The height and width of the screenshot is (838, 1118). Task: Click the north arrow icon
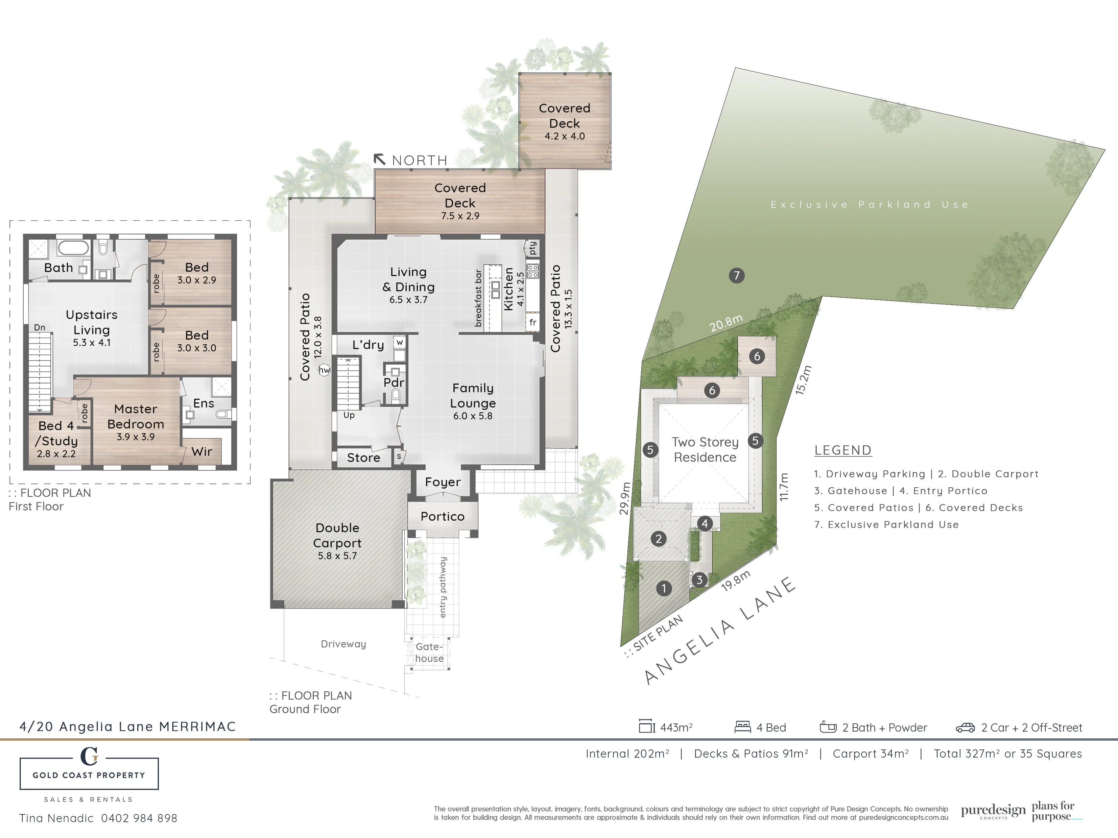point(379,159)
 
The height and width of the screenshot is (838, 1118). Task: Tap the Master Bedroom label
point(136,417)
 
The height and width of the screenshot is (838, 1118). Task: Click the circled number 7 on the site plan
point(736,275)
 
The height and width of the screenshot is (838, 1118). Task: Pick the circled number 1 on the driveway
point(664,588)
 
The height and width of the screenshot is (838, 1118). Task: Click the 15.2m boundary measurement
point(803,380)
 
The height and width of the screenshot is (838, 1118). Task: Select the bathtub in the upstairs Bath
point(73,248)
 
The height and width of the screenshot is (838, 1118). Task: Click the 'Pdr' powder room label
point(394,383)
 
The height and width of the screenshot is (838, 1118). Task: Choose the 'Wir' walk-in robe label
point(202,451)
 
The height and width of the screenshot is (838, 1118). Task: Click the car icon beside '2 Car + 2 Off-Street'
point(966,728)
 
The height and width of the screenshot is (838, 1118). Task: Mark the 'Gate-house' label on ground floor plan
point(429,652)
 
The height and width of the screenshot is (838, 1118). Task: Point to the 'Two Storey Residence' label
point(705,449)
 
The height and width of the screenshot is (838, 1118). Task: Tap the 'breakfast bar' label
point(478,298)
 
